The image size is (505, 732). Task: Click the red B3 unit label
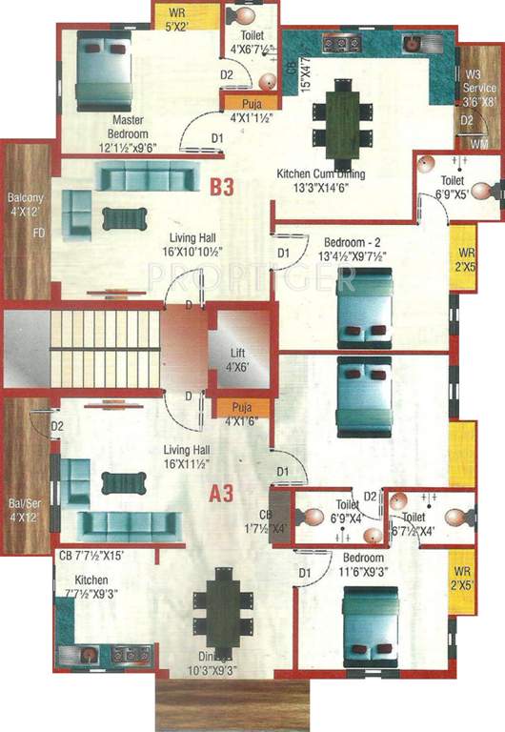pos(222,187)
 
